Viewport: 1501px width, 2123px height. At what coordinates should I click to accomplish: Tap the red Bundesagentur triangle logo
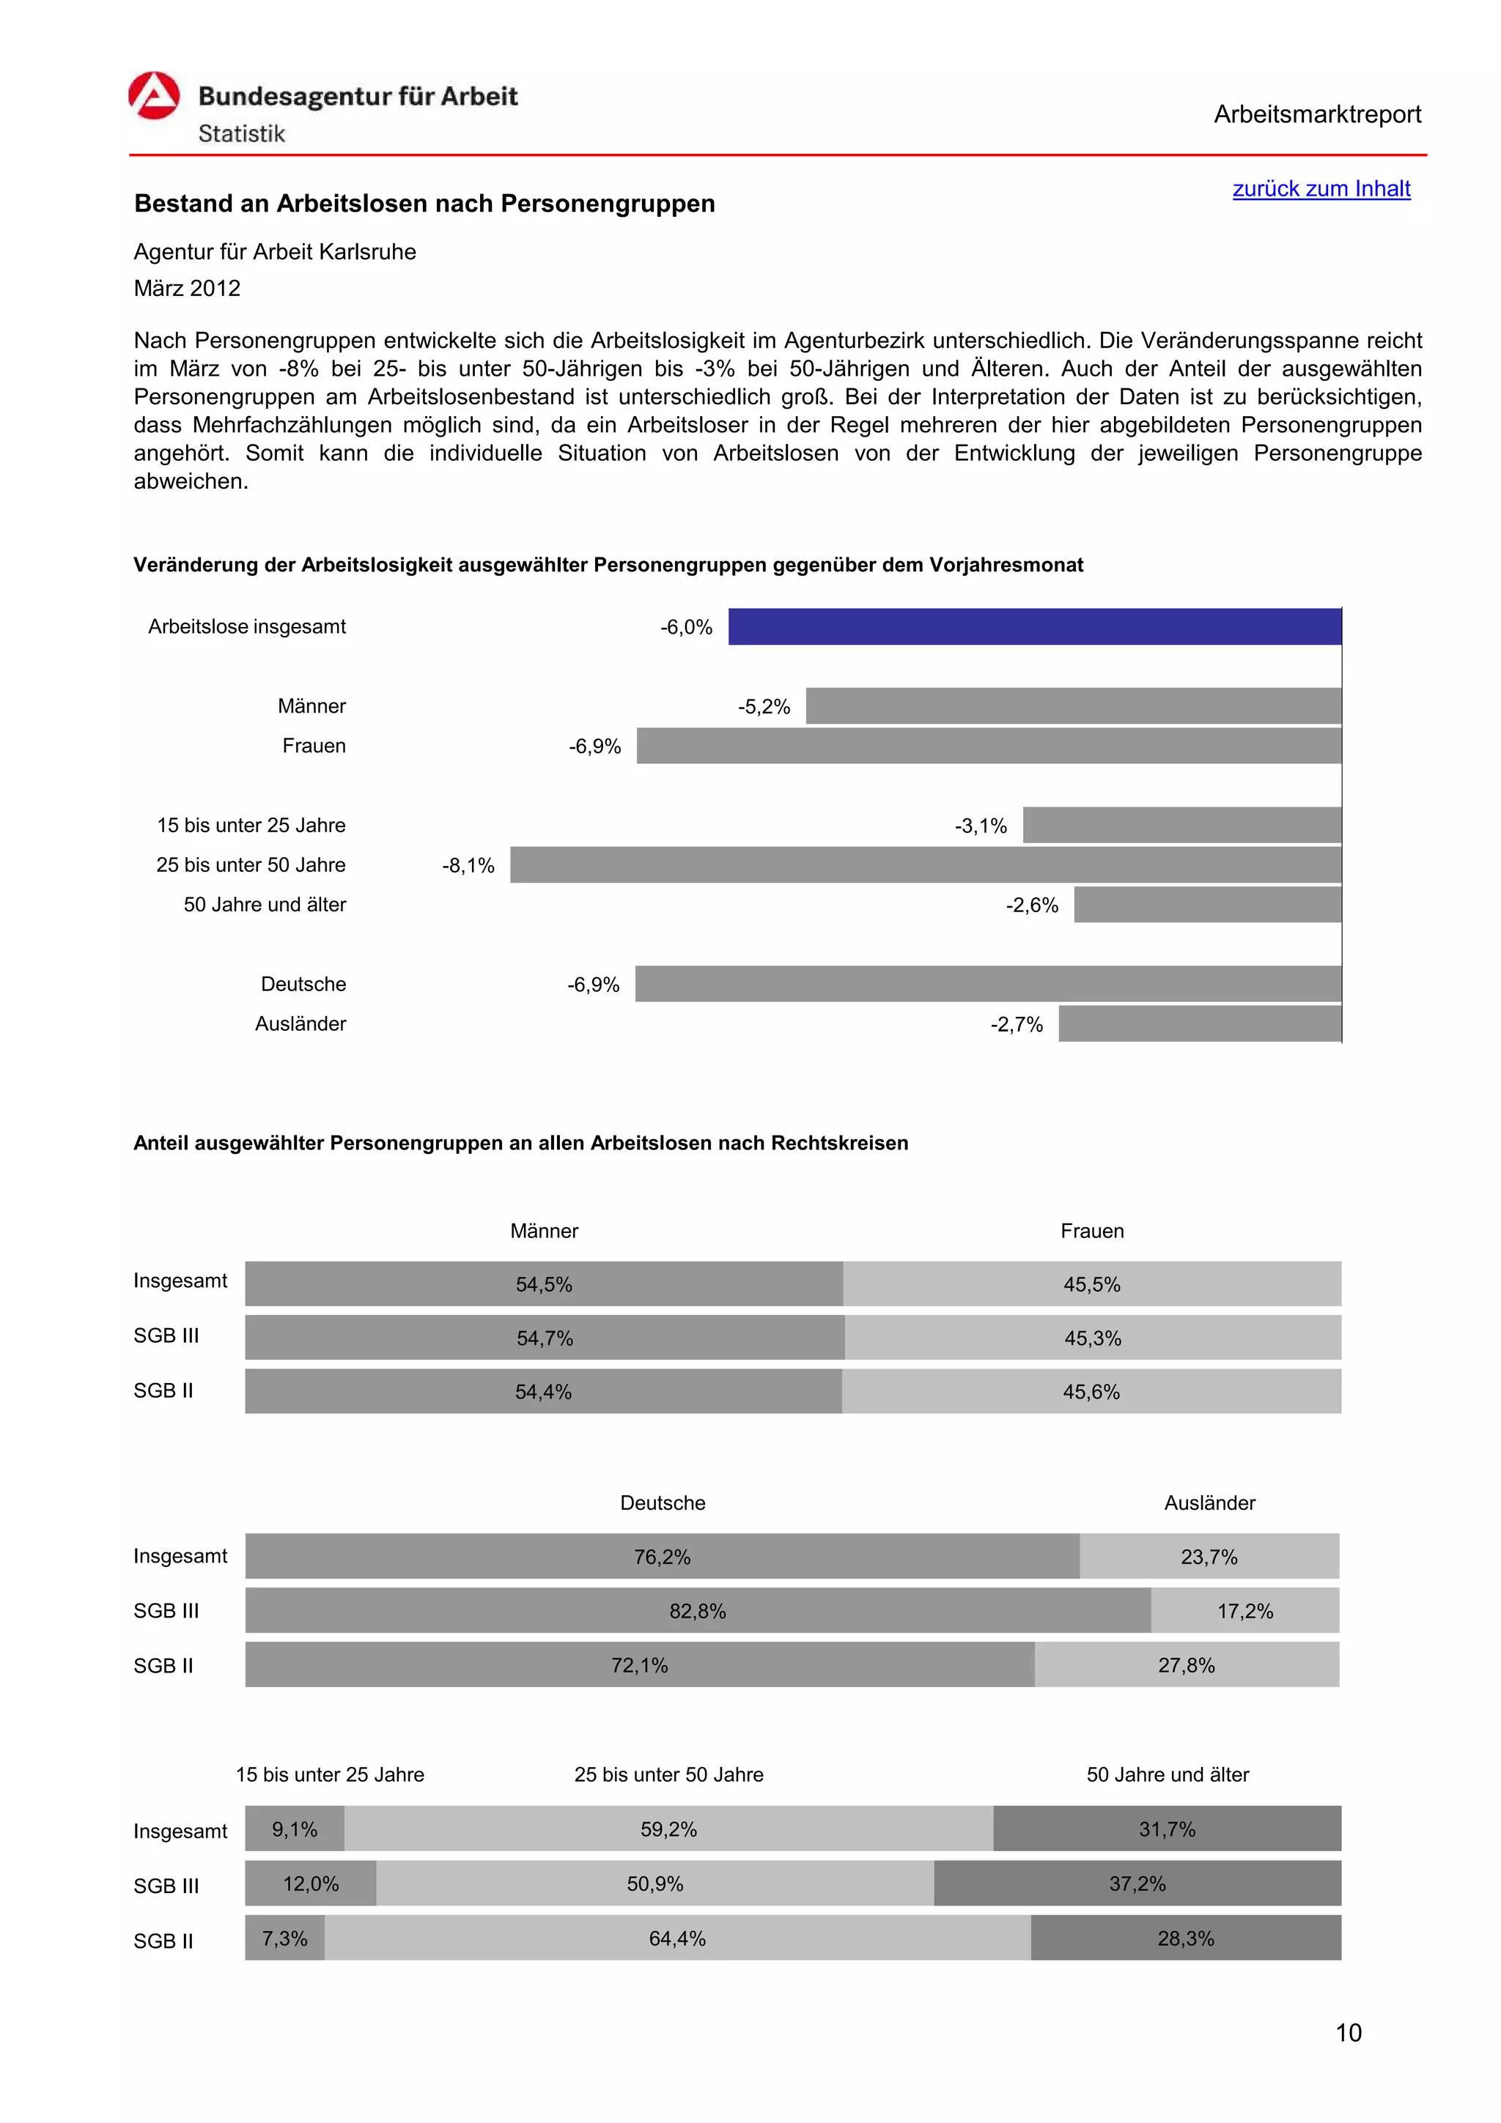pyautogui.click(x=153, y=96)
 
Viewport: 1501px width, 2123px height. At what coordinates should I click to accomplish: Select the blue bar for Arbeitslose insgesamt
pyautogui.click(x=1034, y=627)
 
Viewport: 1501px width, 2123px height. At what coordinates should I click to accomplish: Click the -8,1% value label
pyautogui.click(x=468, y=865)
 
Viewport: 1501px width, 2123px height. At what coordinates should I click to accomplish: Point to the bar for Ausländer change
pyautogui.click(x=1200, y=1023)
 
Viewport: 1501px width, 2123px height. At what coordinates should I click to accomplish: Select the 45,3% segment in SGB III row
pyautogui.click(x=1092, y=1338)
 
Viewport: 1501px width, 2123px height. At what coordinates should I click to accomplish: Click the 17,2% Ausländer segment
pyautogui.click(x=1244, y=1611)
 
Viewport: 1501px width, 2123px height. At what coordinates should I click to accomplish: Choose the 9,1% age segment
pyautogui.click(x=294, y=1829)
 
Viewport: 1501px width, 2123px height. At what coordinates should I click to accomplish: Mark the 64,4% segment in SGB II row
pyautogui.click(x=677, y=1938)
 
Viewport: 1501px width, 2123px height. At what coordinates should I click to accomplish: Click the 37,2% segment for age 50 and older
pyautogui.click(x=1137, y=1883)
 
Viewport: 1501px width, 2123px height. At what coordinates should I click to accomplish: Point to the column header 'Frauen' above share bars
pyautogui.click(x=1092, y=1231)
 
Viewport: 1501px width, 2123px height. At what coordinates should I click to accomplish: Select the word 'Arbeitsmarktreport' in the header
pyautogui.click(x=1317, y=115)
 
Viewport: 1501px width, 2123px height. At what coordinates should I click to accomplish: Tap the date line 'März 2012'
pyautogui.click(x=187, y=289)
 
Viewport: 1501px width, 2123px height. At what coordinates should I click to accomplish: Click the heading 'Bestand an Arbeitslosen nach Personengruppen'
pyautogui.click(x=424, y=204)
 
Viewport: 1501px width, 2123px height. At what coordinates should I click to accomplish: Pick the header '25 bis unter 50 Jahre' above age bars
pyautogui.click(x=668, y=1774)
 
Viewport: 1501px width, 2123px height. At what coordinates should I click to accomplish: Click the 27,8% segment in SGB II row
pyautogui.click(x=1186, y=1665)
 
